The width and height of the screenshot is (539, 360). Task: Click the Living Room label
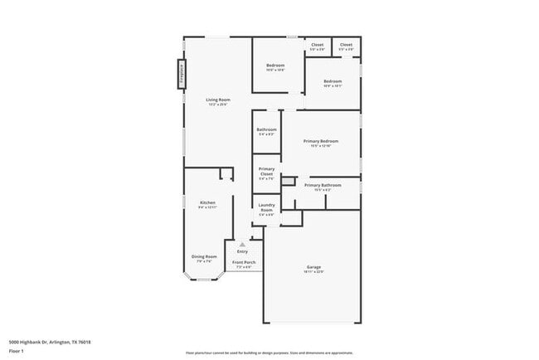pyautogui.click(x=218, y=100)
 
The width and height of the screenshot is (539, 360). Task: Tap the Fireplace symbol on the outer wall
pyautogui.click(x=178, y=74)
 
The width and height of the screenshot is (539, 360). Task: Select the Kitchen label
pyautogui.click(x=207, y=202)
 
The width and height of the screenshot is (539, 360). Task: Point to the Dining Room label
pyautogui.click(x=204, y=256)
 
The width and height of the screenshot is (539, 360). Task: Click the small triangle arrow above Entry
pyautogui.click(x=242, y=245)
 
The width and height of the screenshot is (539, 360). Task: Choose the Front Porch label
pyautogui.click(x=244, y=262)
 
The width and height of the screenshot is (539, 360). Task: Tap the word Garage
pyautogui.click(x=314, y=266)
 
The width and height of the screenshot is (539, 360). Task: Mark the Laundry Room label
pyautogui.click(x=266, y=206)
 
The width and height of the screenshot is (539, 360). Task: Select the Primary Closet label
pyautogui.click(x=266, y=170)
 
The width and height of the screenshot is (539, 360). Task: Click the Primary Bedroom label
pyautogui.click(x=321, y=141)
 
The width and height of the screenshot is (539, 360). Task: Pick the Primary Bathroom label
pyautogui.click(x=323, y=185)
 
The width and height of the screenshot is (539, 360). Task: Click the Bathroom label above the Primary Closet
pyautogui.click(x=266, y=129)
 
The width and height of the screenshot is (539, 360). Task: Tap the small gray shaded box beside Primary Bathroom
pyautogui.click(x=288, y=180)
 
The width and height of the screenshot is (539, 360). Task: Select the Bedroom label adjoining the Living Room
pyautogui.click(x=275, y=66)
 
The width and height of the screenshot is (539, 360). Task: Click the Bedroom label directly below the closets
pyautogui.click(x=333, y=80)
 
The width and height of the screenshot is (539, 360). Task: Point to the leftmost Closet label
pyautogui.click(x=317, y=45)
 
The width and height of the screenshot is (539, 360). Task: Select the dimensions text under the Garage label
pyautogui.click(x=314, y=272)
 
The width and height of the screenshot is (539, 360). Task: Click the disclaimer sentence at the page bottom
pyautogui.click(x=269, y=353)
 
